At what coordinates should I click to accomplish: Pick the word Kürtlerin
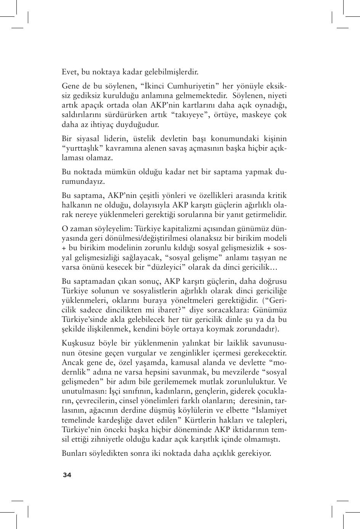201,420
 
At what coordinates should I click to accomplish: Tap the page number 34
67,475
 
